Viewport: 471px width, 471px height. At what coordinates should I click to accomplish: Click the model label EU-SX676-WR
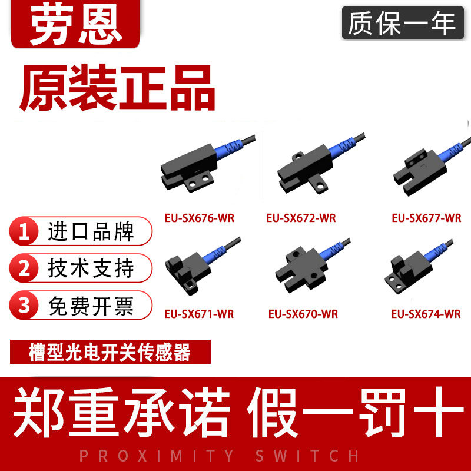[200, 218]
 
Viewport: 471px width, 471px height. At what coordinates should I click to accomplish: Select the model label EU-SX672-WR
[301, 218]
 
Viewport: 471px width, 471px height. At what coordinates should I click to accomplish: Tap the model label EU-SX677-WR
[426, 218]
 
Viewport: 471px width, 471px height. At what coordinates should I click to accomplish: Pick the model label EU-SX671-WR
[199, 314]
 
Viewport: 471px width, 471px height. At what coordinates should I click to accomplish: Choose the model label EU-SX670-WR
[303, 314]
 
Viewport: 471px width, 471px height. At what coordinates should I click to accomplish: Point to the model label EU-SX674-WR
[426, 314]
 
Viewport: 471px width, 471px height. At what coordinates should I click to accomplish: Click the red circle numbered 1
[24, 231]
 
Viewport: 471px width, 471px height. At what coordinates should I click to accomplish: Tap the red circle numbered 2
[24, 268]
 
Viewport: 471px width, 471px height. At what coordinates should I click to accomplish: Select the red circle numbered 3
[24, 305]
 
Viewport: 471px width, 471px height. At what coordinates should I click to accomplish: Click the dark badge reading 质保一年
[403, 23]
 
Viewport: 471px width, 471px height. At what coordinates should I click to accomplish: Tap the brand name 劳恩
[76, 24]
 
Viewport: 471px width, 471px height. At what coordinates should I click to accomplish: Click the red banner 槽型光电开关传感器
[110, 351]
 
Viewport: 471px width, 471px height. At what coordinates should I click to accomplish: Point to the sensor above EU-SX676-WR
[207, 164]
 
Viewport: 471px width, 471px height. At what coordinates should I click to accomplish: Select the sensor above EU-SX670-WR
[313, 266]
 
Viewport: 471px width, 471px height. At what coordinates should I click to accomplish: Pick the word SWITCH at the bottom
[307, 456]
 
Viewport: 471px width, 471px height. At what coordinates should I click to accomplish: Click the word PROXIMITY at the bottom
[156, 456]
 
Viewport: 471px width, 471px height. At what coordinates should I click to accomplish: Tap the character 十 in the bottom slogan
[439, 412]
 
